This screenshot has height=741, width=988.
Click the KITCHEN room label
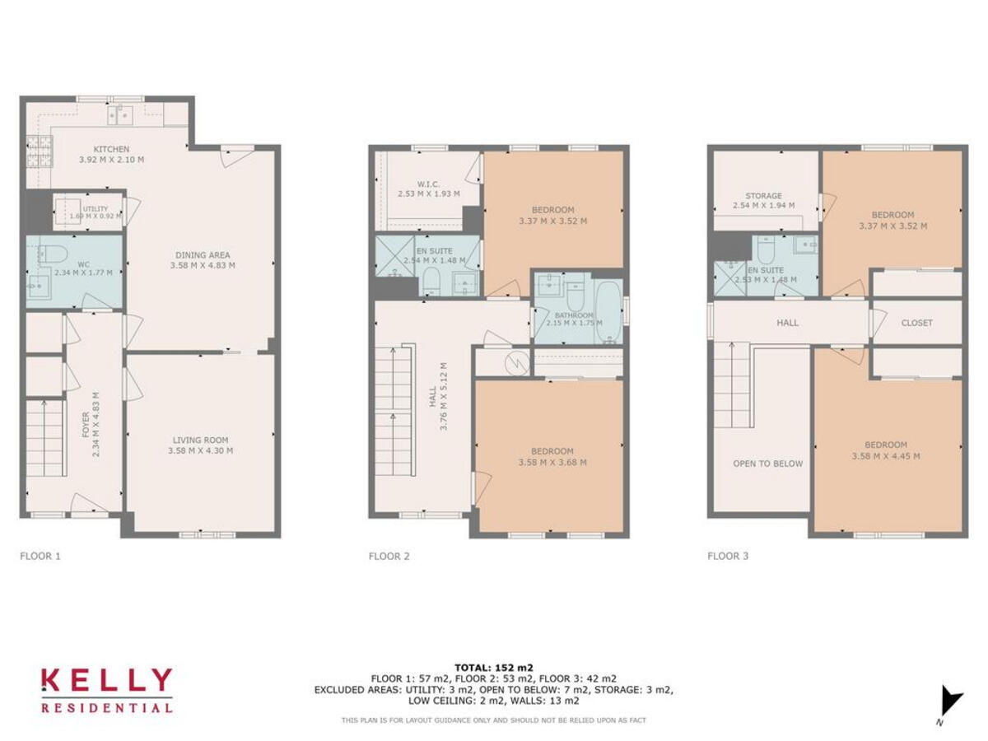(x=110, y=149)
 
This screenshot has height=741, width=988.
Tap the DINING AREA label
(x=202, y=254)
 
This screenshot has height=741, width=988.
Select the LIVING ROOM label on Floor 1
(x=201, y=440)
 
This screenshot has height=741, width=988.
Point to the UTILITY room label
(x=95, y=209)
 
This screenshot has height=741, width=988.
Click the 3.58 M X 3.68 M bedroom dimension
(x=552, y=463)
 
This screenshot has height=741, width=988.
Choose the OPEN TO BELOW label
(x=767, y=464)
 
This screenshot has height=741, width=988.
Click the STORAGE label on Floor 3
(x=763, y=196)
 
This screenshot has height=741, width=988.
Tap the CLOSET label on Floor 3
(x=916, y=323)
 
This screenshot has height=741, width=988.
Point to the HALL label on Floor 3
(x=787, y=323)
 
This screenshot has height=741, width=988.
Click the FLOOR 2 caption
(x=389, y=556)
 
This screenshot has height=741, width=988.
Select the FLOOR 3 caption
(x=728, y=556)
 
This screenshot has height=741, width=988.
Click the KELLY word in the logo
(x=107, y=682)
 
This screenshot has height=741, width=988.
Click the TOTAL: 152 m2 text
(x=494, y=667)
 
